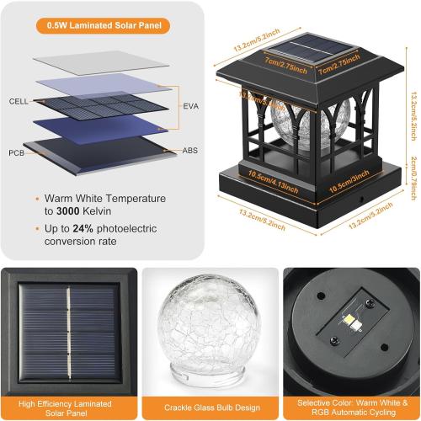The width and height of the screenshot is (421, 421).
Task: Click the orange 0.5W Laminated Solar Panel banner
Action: [105, 24]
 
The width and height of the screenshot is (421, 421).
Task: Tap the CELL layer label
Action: [19, 100]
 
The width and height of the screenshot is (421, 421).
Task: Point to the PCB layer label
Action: [18, 152]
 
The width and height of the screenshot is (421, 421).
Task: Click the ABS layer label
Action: [190, 150]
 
